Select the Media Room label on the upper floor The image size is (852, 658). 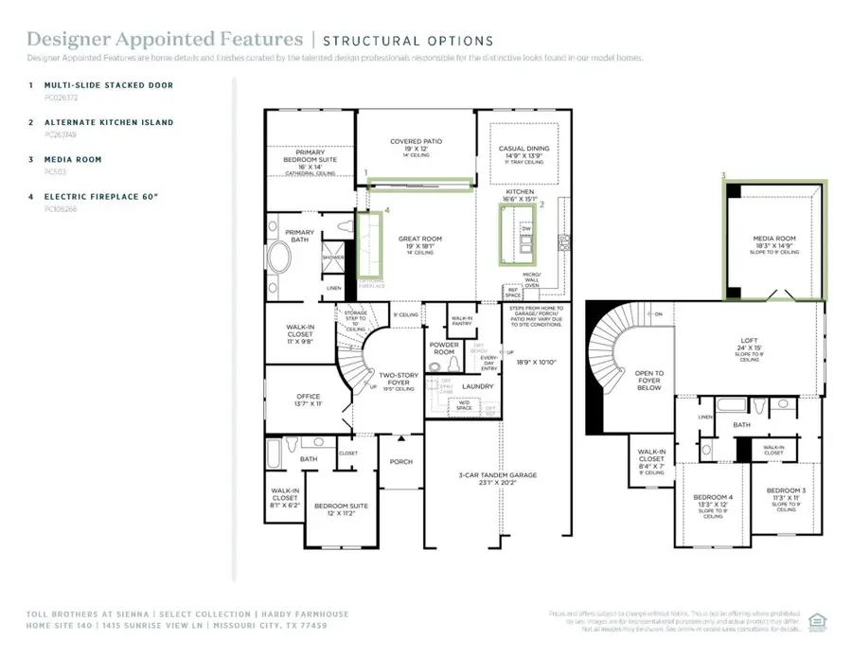tap(774, 239)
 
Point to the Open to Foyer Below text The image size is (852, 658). tap(648, 380)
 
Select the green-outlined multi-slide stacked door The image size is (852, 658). tap(418, 185)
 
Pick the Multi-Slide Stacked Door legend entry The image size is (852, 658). tap(109, 85)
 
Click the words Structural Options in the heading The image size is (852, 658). tap(407, 41)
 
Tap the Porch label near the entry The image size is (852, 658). tap(401, 462)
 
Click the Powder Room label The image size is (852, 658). tap(444, 347)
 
